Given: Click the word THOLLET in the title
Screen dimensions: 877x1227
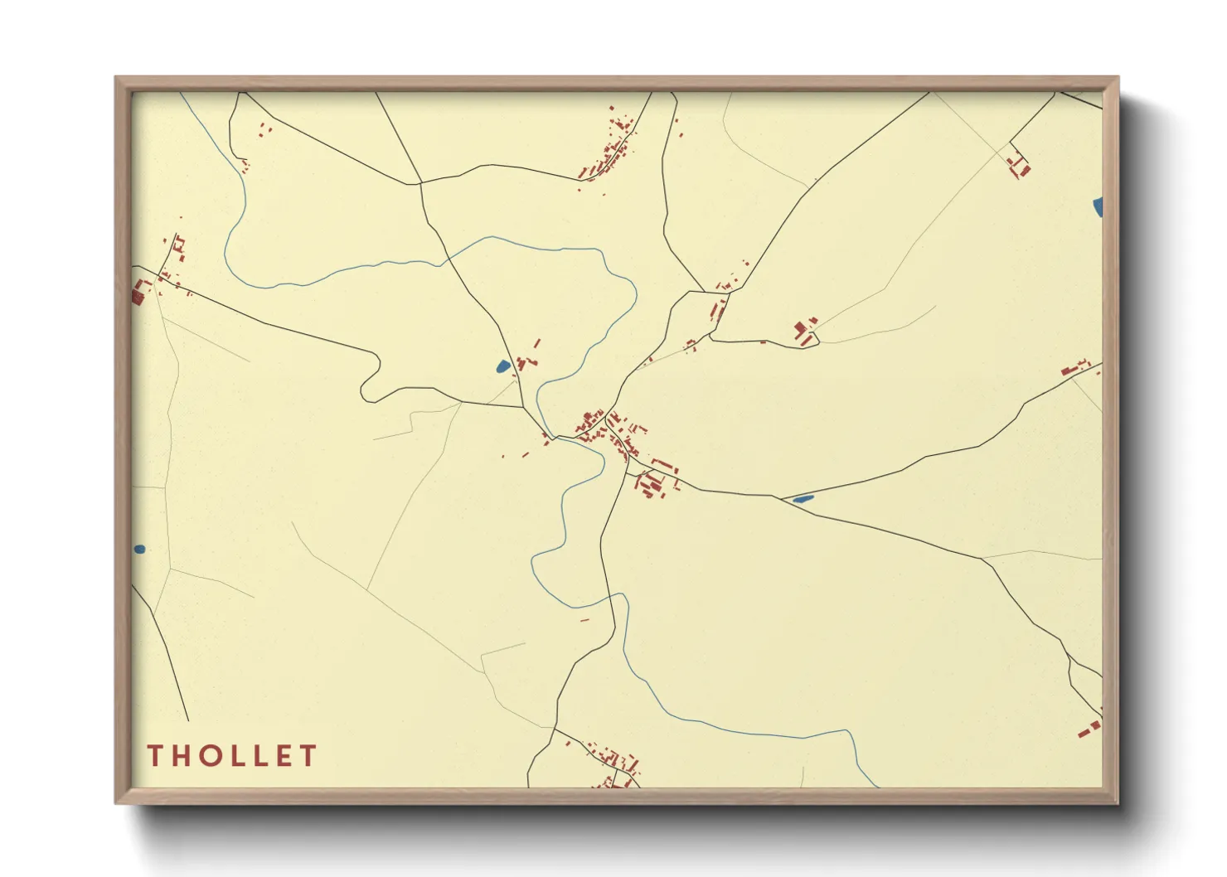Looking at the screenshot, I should coord(232,756).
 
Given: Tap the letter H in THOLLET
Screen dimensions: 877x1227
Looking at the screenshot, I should coord(182,756).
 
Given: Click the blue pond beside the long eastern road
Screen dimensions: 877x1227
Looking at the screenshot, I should coord(803,499).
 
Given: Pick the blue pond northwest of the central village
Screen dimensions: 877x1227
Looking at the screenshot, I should coord(502,366).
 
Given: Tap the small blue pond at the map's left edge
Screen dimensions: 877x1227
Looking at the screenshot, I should coord(139,549).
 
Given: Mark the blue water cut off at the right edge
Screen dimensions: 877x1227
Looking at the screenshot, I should coord(1098,206).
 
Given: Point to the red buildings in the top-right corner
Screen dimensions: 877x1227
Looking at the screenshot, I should coord(1019,167).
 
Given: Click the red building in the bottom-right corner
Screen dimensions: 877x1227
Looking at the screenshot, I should coord(1089,729).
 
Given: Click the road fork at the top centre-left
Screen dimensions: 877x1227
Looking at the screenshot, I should coord(420,183).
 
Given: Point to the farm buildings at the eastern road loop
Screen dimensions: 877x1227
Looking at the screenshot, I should coord(804,331).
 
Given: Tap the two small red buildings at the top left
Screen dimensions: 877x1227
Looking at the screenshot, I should coord(264,129).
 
